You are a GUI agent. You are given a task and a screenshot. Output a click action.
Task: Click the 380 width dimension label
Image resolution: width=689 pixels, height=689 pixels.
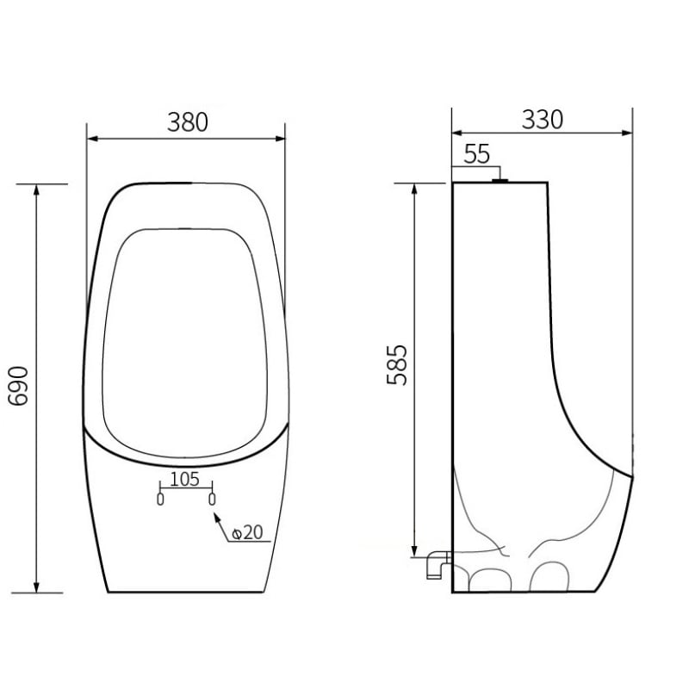point(188,122)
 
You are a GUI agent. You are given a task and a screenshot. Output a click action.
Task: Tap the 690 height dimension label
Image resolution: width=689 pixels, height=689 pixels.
point(18,386)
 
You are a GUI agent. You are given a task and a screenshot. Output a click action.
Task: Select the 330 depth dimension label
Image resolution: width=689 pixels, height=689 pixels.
point(543,120)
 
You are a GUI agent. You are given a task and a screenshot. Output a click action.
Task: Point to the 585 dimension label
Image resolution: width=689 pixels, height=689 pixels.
point(397,365)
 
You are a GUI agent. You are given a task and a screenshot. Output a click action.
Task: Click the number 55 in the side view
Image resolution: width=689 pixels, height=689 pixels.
point(477,154)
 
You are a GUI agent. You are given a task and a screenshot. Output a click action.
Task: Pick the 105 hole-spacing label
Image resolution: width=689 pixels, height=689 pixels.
point(184,479)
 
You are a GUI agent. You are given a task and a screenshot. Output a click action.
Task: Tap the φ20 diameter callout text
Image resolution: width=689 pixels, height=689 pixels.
point(247,532)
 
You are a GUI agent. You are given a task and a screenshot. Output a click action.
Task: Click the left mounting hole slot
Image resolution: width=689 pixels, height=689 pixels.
point(160,500)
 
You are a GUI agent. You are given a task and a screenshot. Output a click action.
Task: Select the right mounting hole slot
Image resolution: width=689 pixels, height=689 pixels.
point(212,500)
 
